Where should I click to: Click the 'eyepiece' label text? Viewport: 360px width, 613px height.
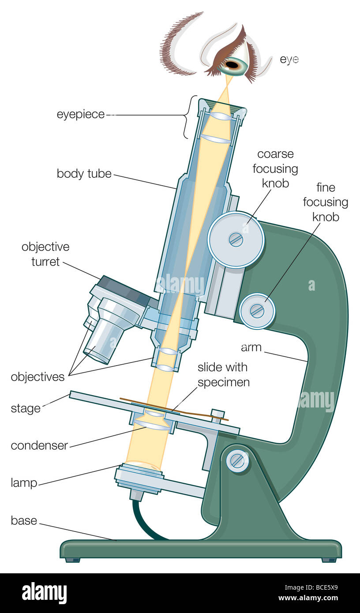(x=81, y=115)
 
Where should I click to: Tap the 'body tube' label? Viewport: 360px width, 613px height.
(x=84, y=174)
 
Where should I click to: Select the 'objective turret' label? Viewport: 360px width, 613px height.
(x=45, y=254)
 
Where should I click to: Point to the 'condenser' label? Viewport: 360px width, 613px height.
(x=39, y=445)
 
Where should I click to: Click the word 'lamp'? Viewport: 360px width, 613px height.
(x=24, y=483)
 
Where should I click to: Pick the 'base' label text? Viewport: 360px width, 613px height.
(x=24, y=520)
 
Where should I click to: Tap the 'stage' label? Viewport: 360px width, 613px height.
(x=26, y=408)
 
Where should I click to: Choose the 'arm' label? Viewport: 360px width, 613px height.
(x=251, y=348)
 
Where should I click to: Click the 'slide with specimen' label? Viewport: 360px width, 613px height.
(x=223, y=375)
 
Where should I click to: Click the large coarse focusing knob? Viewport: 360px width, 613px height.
(x=236, y=240)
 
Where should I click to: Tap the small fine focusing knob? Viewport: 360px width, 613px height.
(x=257, y=311)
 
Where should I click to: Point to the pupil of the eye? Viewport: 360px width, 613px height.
(x=232, y=65)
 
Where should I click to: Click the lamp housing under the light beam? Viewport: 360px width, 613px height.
(x=139, y=477)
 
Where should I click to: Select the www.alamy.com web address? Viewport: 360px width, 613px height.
(x=308, y=598)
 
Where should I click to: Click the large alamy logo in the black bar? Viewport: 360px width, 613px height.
(x=44, y=592)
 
